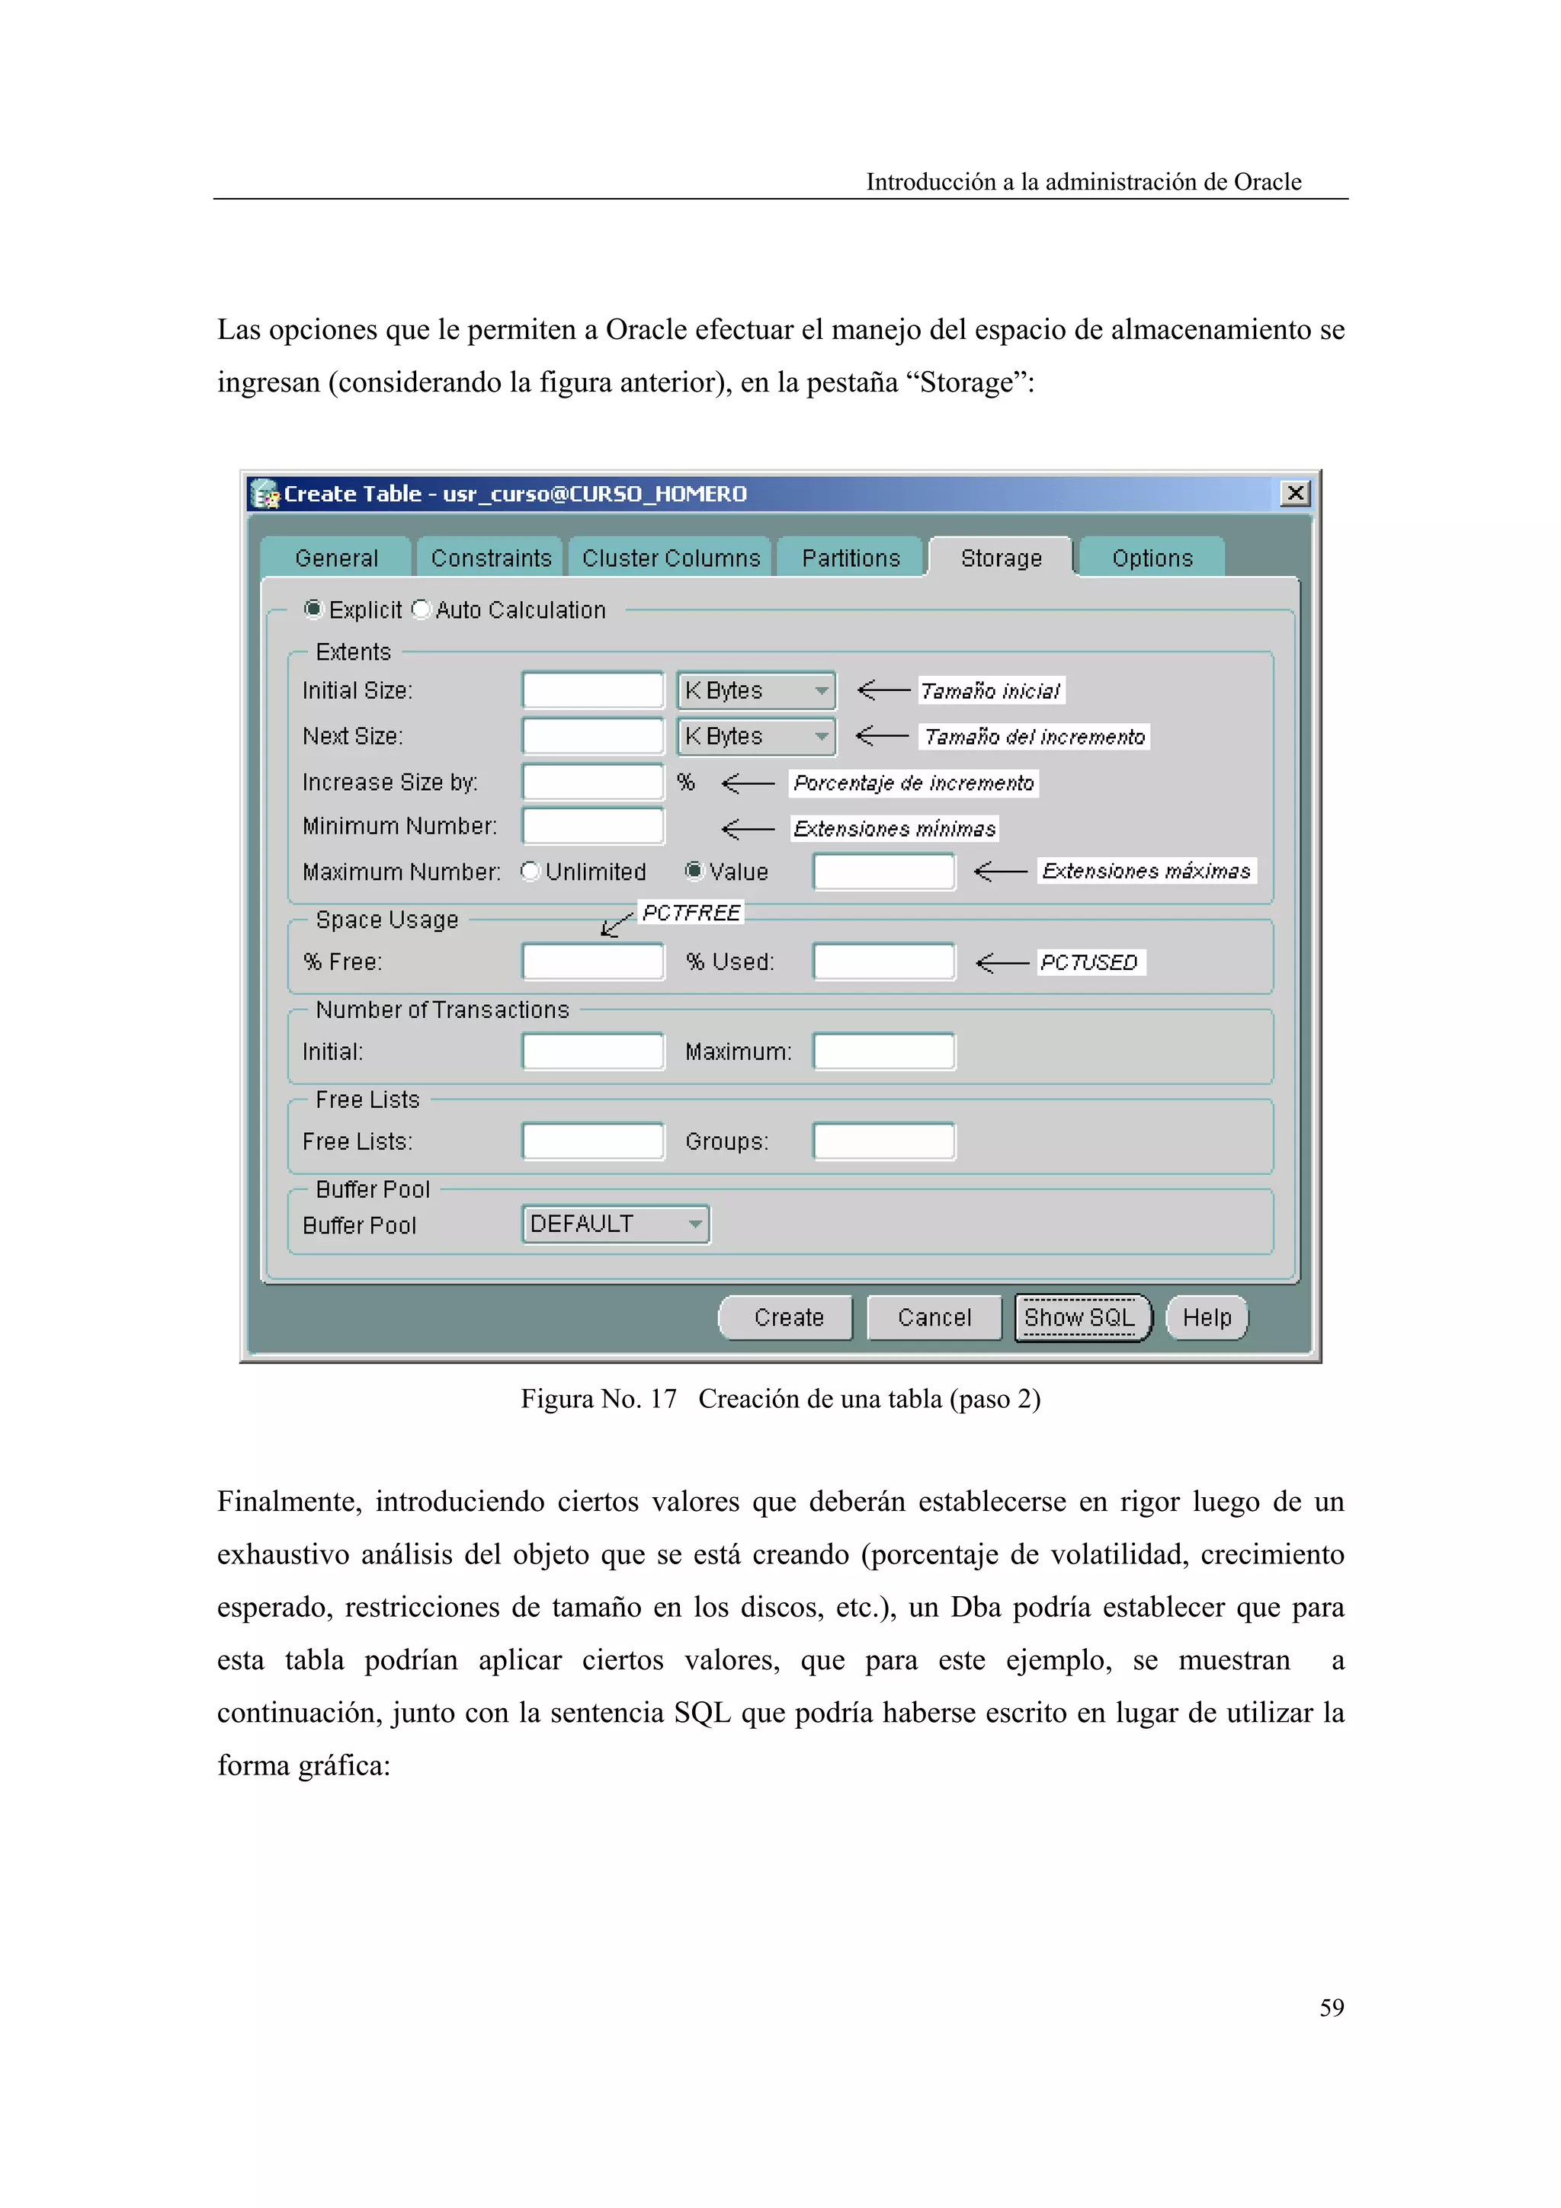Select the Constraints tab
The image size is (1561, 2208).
(x=491, y=558)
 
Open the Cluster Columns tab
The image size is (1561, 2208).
(x=671, y=558)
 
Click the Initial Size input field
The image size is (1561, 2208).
(x=592, y=690)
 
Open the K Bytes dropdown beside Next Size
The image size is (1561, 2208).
(x=756, y=737)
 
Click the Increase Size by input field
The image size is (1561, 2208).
(x=592, y=782)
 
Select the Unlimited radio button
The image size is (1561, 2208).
(x=530, y=872)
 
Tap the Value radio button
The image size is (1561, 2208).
(x=694, y=872)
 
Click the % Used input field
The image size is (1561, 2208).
(x=883, y=962)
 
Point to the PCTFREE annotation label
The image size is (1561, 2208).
(x=691, y=913)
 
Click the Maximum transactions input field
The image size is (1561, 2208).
(x=883, y=1051)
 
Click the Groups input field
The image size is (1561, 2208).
(x=883, y=1141)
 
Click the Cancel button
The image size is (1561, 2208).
(x=934, y=1317)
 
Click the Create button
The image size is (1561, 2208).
(x=787, y=1317)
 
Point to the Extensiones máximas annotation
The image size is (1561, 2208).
(x=1146, y=872)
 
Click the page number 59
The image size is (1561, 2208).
(x=1331, y=2007)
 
